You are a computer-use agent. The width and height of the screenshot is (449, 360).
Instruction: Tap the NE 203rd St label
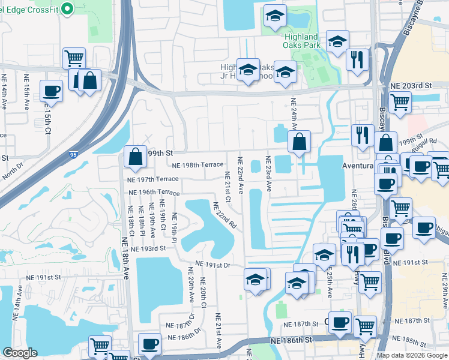pos(411,86)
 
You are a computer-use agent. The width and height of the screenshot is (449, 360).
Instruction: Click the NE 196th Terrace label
pos(154,193)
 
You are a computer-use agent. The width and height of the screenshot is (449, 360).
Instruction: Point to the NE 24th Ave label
pos(294,114)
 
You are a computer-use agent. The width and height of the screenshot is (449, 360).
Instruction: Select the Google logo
pos(20,353)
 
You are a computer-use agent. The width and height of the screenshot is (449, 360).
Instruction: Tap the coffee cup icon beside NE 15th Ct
pos(51,91)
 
